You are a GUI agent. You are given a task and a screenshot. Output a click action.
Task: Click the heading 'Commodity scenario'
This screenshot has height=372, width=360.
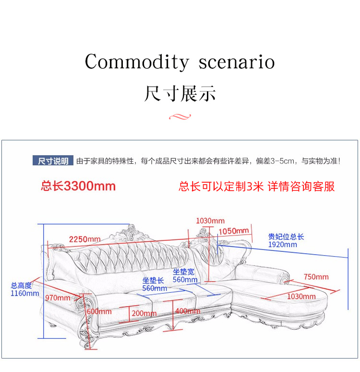coord(180,62)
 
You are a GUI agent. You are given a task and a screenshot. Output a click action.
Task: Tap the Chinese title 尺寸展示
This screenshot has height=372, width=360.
coord(180,93)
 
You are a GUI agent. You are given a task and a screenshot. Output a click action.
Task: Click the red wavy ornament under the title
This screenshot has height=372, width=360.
coord(180,116)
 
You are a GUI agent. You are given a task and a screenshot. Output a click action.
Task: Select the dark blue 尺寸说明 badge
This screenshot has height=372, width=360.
coord(53,161)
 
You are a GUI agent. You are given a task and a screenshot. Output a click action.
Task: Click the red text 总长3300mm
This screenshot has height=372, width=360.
coord(78,186)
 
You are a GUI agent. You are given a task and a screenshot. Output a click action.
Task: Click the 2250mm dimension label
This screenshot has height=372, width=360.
coord(84,239)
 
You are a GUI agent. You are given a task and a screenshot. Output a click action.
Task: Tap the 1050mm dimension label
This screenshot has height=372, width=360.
coord(234,231)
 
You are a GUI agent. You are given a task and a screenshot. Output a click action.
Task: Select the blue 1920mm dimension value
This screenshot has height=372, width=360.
coord(282,245)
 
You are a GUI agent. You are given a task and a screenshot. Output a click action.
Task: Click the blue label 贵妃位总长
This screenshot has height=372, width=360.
coord(286,237)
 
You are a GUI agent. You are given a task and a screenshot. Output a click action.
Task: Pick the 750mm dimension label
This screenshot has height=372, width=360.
coord(316,276)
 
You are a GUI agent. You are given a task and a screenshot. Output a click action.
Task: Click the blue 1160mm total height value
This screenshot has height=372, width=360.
coord(24,293)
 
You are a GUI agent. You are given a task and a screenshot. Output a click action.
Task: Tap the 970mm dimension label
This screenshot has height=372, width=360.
coord(57,298)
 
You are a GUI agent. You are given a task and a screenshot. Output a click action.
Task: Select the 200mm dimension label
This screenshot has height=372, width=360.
coord(144,313)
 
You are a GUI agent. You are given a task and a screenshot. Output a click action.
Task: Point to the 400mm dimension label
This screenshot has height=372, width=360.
coord(188,311)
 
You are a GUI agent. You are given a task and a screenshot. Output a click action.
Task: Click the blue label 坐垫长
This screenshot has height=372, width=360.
coord(153,281)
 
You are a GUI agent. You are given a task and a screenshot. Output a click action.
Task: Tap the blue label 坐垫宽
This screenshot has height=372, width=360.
coord(184,272)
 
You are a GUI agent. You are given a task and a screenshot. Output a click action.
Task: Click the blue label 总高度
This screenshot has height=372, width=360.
coord(22,285)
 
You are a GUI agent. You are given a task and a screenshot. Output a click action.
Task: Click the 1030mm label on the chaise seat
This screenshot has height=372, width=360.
coord(301,296)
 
